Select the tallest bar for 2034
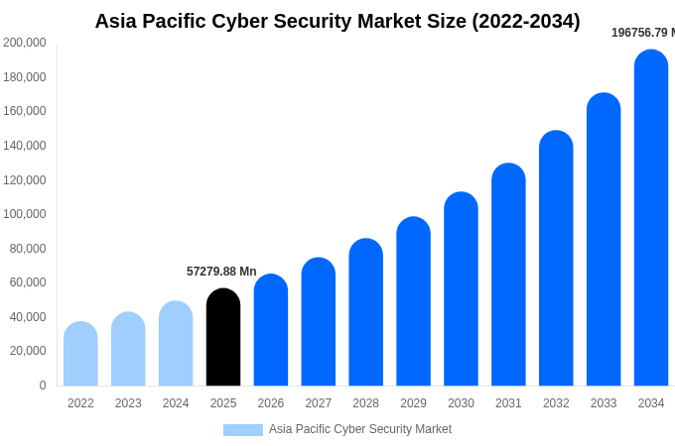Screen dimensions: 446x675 [651, 218]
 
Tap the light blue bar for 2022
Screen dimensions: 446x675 [80, 354]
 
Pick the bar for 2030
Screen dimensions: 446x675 [461, 288]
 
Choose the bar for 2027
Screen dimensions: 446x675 [319, 321]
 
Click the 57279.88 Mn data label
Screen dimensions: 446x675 [221, 272]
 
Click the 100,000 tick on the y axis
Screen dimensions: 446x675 [25, 214]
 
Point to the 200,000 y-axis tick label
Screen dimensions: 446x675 [25, 43]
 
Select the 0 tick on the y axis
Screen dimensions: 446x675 [42, 386]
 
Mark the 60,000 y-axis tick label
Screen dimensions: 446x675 [28, 282]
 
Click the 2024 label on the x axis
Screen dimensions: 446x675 [176, 403]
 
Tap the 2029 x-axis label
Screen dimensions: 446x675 [413, 403]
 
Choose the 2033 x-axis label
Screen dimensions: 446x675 [604, 403]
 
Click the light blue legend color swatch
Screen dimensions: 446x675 [243, 430]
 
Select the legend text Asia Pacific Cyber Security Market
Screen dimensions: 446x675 [360, 429]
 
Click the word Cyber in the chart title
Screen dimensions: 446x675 [245, 21]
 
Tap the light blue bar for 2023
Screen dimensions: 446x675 [128, 349]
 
